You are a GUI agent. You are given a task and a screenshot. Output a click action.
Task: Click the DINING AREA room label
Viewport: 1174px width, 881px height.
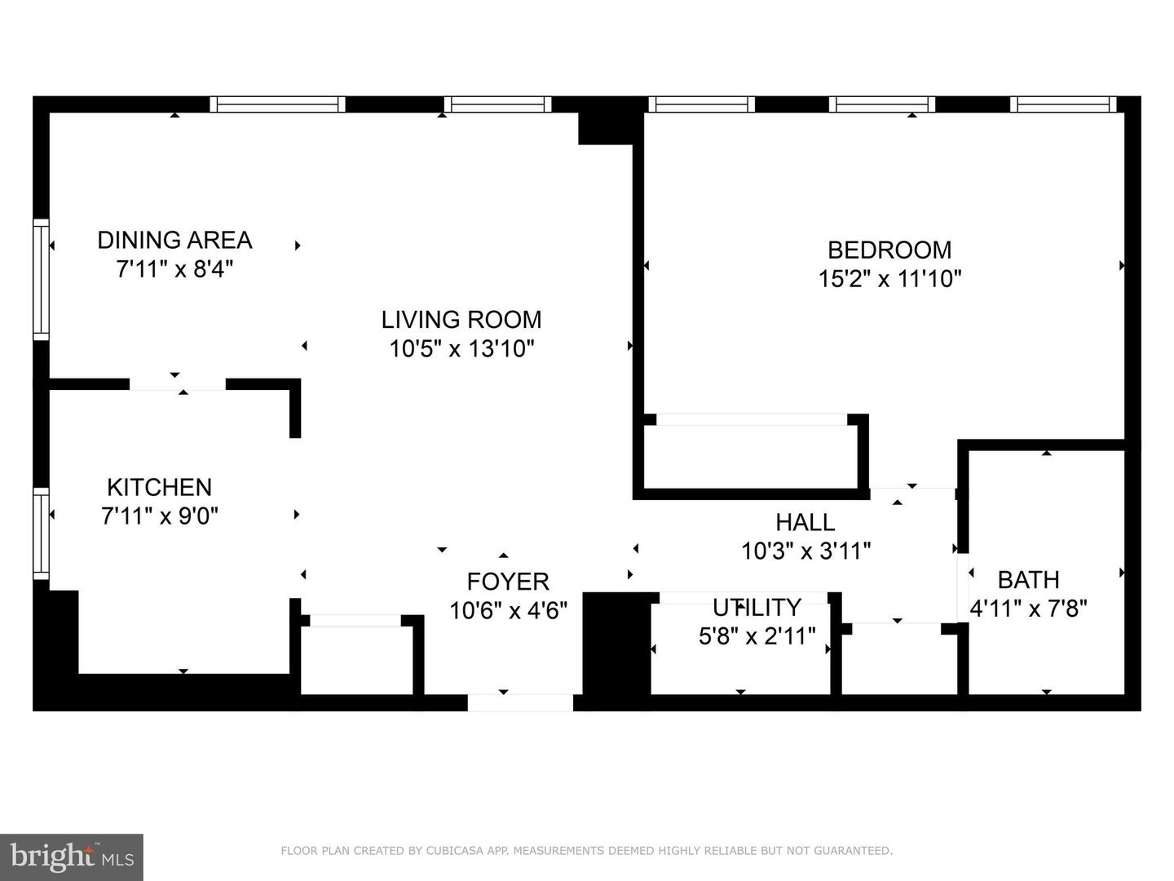(174, 240)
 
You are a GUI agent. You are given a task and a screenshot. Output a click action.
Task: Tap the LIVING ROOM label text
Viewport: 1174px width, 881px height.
(461, 319)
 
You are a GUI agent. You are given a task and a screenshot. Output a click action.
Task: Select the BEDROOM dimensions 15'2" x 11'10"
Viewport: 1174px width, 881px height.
(889, 279)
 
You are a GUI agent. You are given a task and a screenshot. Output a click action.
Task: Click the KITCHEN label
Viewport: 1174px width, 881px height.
(160, 487)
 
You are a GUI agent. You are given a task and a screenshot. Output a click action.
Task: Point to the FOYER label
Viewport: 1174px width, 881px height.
(508, 582)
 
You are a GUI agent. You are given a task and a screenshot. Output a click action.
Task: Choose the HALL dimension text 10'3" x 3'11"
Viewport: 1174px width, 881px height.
(805, 551)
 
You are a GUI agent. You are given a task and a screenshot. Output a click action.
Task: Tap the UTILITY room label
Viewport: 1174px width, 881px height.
(757, 608)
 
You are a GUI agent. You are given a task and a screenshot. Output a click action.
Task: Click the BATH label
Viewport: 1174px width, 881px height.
(1028, 580)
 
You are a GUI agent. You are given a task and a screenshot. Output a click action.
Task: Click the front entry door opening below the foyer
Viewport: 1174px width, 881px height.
(520, 702)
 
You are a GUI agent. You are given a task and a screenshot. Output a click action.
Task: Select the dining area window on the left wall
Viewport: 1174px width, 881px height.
(41, 278)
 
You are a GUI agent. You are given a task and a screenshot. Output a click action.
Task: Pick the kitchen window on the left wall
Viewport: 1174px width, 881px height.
(41, 533)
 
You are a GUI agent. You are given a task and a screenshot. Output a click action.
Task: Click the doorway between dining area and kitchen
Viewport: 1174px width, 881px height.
(177, 384)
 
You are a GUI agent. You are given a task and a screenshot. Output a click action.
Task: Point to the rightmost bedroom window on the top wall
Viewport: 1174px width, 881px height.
(1063, 104)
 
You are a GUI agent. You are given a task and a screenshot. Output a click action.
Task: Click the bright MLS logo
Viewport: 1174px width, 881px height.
(71, 857)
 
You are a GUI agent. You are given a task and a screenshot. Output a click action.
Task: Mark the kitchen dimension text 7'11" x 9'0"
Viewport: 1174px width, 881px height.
(160, 516)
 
